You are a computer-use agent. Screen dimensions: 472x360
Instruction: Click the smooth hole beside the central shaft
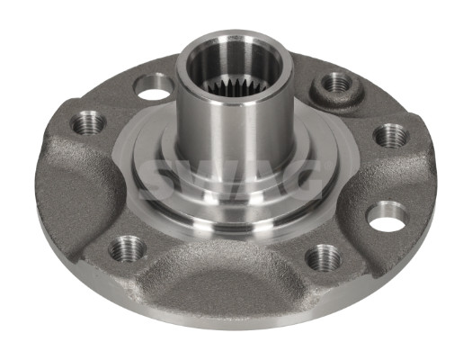coord(153,87)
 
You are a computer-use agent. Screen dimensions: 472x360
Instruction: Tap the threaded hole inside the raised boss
coord(336,82)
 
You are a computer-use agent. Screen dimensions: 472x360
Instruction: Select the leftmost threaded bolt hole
coord(88,122)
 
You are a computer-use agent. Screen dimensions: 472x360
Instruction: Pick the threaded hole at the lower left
coord(128,248)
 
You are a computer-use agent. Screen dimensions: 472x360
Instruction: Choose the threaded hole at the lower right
coord(324,257)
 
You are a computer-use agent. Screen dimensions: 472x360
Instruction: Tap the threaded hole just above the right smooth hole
coord(391,135)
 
